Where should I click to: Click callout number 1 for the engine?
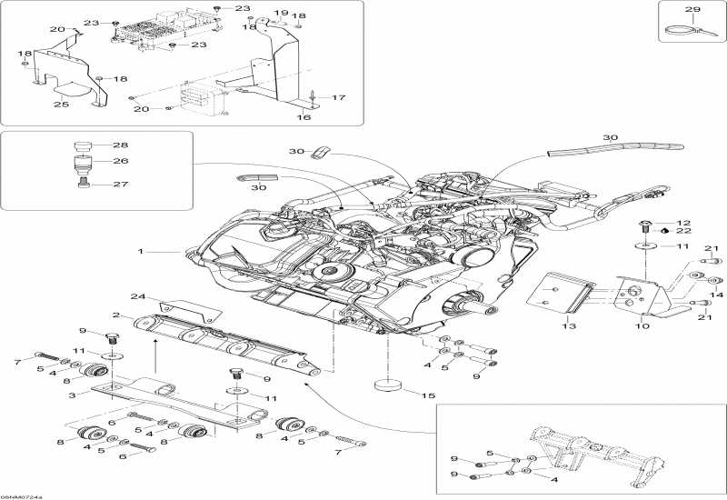pyautogui.click(x=141, y=251)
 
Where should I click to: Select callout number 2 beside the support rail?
pyautogui.click(x=116, y=315)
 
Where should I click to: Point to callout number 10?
pyautogui.click(x=642, y=325)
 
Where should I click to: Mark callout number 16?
pyautogui.click(x=304, y=117)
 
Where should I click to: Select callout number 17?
pyautogui.click(x=339, y=97)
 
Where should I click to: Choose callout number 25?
pyautogui.click(x=61, y=104)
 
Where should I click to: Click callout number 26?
pyautogui.click(x=121, y=161)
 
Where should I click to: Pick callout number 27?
pyautogui.click(x=121, y=184)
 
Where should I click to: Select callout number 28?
pyautogui.click(x=121, y=145)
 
